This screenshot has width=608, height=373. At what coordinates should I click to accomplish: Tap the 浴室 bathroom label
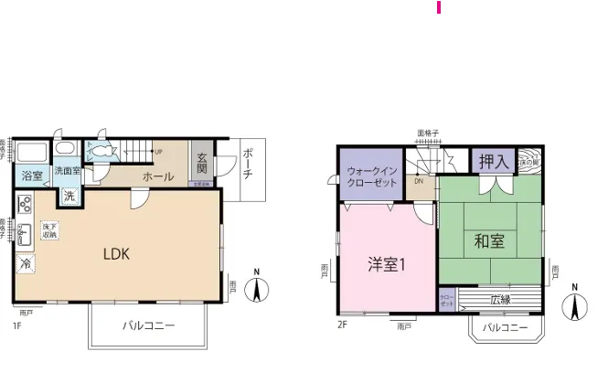pyautogui.click(x=32, y=175)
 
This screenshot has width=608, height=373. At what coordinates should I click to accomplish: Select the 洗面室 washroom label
pyautogui.click(x=67, y=171)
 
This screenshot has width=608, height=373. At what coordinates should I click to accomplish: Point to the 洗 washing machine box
pyautogui.click(x=69, y=195)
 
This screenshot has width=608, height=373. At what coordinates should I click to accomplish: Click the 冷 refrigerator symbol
pyautogui.click(x=26, y=263)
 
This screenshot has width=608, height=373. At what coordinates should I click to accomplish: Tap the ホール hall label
pyautogui.click(x=158, y=176)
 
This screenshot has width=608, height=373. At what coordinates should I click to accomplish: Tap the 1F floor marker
pyautogui.click(x=17, y=325)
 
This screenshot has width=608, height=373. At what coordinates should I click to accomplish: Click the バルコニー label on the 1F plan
pyautogui.click(x=148, y=325)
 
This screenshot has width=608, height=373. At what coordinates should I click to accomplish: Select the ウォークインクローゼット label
pyautogui.click(x=372, y=175)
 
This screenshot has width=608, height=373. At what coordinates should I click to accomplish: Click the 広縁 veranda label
pyautogui.click(x=500, y=300)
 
